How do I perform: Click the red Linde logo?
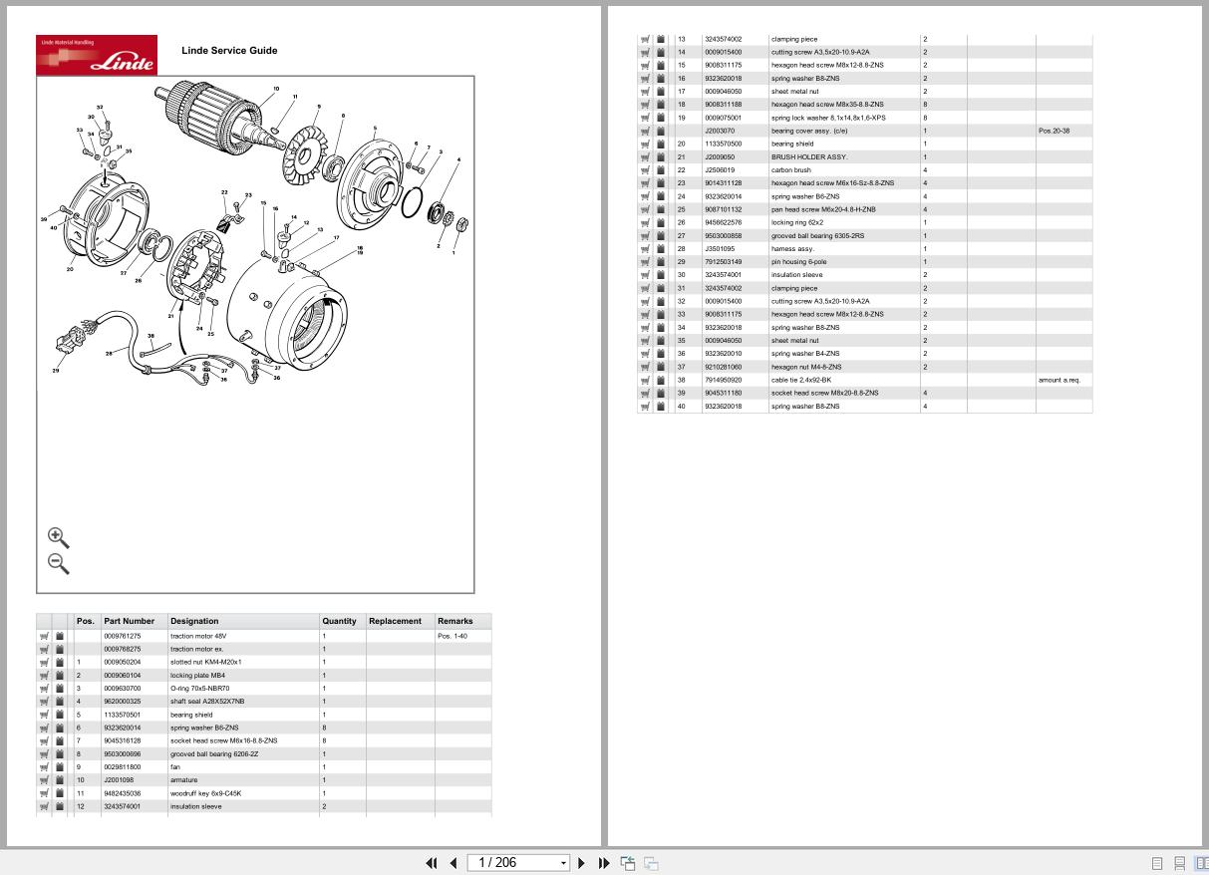[97, 55]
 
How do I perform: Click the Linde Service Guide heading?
[229, 50]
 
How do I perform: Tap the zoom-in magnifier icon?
[58, 537]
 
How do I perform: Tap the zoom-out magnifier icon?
[58, 563]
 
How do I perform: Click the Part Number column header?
[130, 621]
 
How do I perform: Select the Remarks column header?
[454, 621]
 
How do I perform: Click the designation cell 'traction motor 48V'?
[198, 636]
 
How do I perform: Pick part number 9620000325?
[123, 702]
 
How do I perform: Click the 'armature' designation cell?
[183, 780]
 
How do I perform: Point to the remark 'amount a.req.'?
[1058, 380]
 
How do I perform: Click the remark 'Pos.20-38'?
[1054, 131]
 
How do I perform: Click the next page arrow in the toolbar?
[582, 863]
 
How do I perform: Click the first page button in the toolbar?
[432, 863]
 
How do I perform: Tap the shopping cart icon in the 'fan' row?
[44, 767]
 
